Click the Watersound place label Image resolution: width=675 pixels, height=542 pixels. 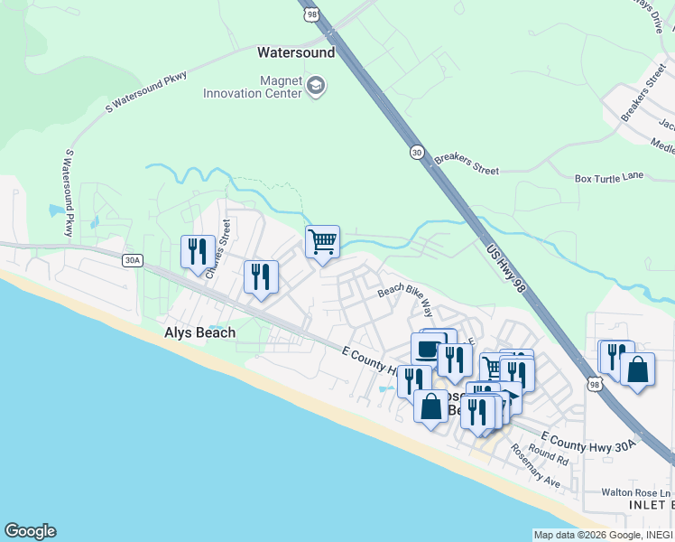tap(295, 52)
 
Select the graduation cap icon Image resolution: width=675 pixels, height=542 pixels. tap(316, 87)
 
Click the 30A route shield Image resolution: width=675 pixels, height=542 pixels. tap(133, 260)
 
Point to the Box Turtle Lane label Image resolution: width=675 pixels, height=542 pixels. tap(609, 177)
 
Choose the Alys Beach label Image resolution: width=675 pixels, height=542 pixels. tap(199, 332)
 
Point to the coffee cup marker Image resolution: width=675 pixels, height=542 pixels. tap(428, 349)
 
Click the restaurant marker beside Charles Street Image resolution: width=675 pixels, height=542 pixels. tap(198, 251)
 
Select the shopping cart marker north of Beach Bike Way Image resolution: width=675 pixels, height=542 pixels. tap(322, 241)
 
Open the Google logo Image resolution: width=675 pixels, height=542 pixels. tap(30, 531)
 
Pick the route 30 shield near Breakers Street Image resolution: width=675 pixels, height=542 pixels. tap(416, 153)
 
